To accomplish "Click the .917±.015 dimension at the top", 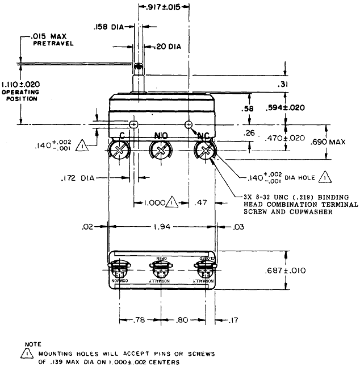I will pos(164,7).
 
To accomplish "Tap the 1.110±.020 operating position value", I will pos(20,83).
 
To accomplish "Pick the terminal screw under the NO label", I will pos(161,151).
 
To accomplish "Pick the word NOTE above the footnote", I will pos(34,344).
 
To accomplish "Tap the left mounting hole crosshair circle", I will pos(133,124).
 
